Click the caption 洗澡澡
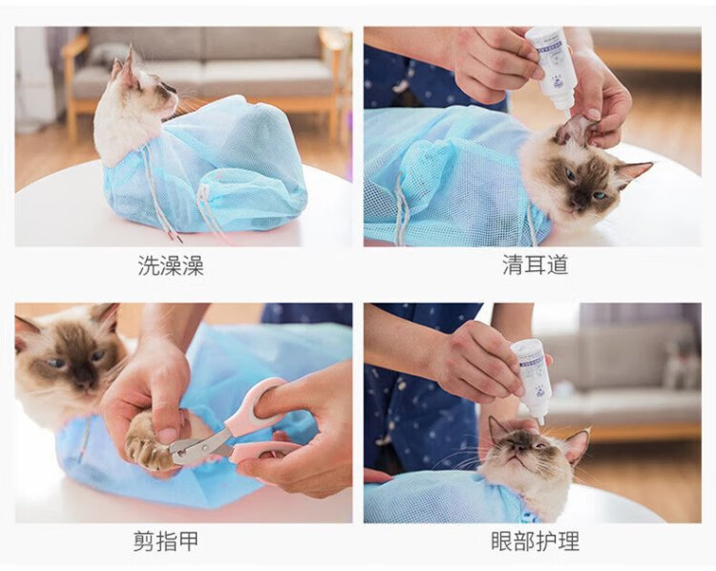click(171, 265)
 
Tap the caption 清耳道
click(536, 264)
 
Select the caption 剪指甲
click(166, 540)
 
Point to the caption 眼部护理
click(535, 540)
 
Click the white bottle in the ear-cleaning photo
click(548, 69)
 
